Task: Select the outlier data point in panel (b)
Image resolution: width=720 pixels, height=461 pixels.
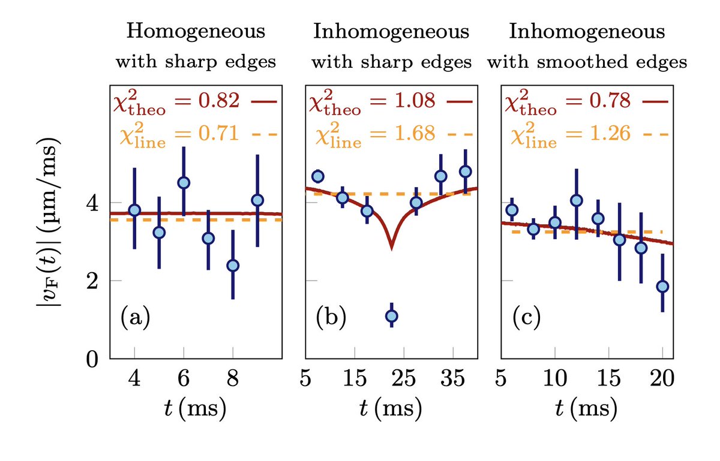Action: (391, 316)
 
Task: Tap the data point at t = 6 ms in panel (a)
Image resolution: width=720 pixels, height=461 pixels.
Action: (184, 183)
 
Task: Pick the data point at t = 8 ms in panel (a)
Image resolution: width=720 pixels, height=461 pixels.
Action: (233, 265)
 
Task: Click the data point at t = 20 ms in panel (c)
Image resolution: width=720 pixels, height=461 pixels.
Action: (662, 287)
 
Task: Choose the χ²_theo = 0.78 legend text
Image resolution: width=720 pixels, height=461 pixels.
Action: (568, 104)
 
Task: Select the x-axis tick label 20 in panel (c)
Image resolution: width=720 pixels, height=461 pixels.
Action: (662, 380)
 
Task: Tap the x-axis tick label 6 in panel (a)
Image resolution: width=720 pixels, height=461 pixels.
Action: (184, 380)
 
